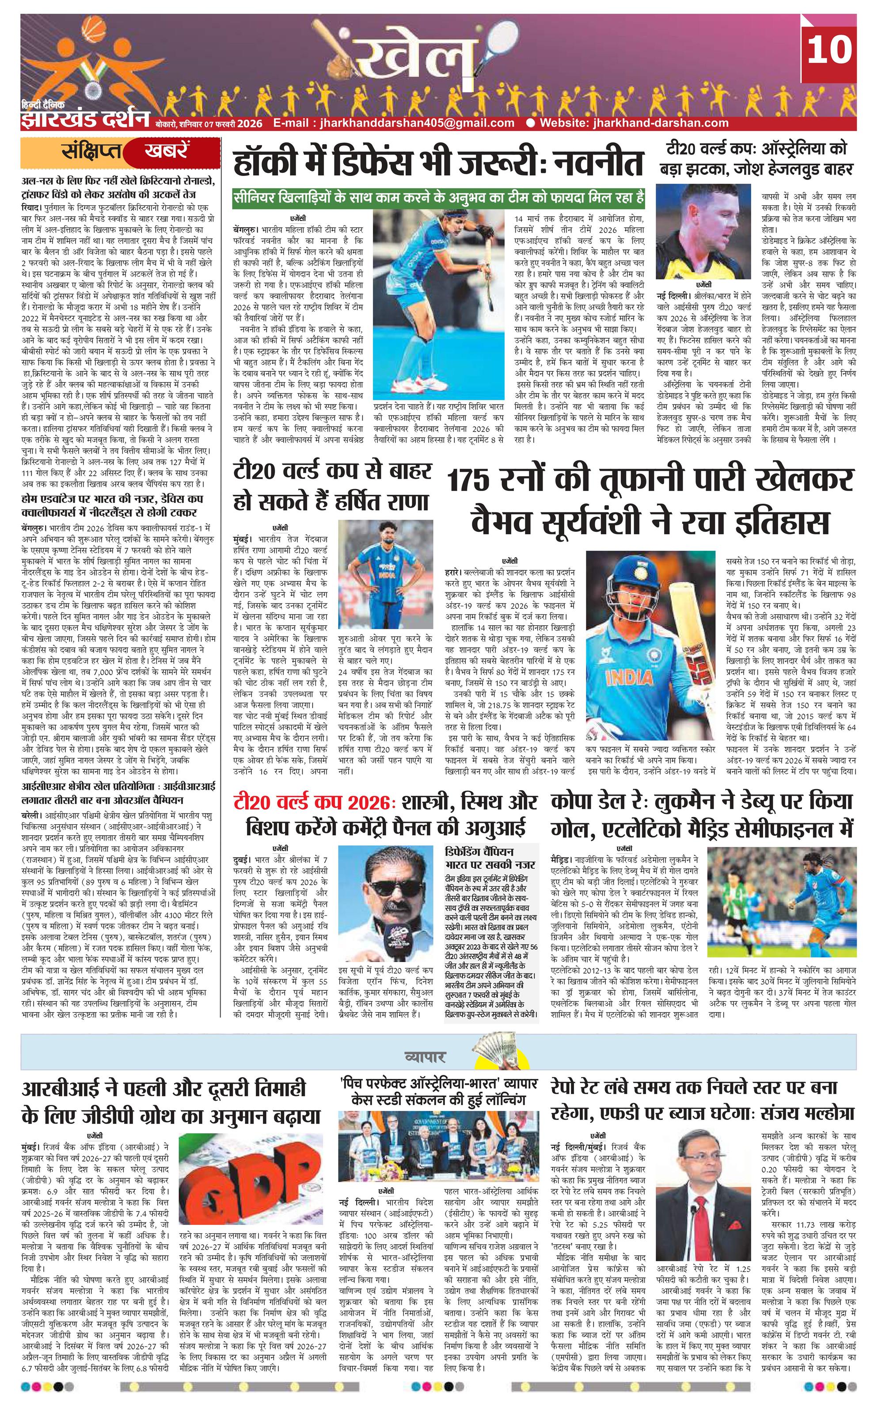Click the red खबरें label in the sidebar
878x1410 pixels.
point(167,152)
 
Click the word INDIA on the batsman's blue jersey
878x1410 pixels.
point(633,678)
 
